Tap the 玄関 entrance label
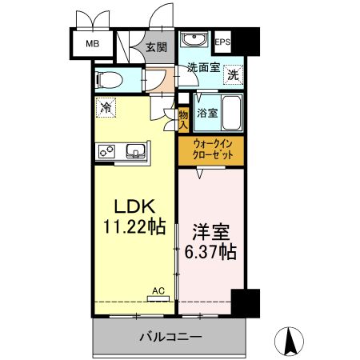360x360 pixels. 155,47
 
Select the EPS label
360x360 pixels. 223,42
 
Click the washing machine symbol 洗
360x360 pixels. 231,74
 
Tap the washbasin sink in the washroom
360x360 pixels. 194,41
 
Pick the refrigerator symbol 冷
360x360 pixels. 105,105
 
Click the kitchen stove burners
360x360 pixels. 108,150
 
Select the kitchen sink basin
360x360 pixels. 134,150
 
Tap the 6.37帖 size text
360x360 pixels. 210,252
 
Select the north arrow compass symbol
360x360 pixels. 291,342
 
